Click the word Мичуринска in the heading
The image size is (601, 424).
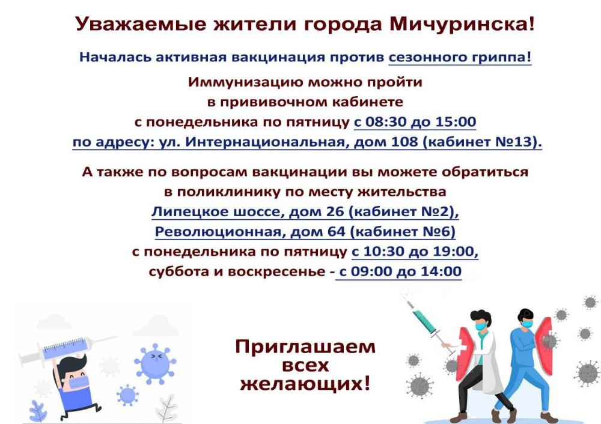[461, 24]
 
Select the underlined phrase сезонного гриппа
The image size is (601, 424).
[460, 58]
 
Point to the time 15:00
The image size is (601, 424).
[456, 122]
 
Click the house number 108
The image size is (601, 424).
[404, 142]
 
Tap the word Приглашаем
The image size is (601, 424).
[305, 347]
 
